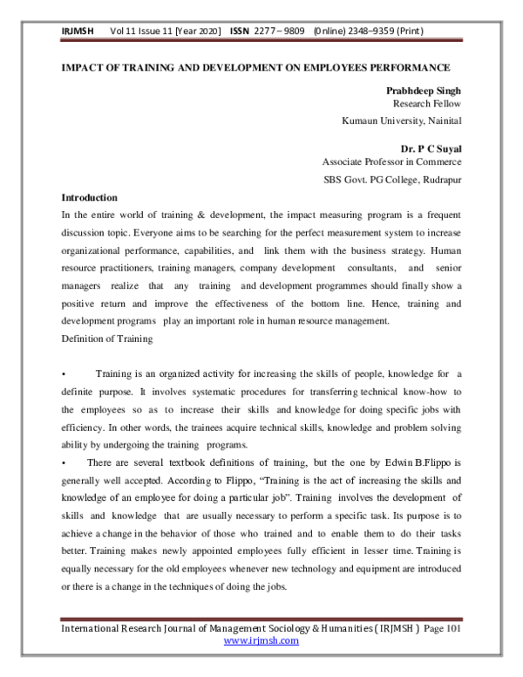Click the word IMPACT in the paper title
86,67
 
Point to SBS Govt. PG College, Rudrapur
392,180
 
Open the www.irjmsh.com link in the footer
261,640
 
